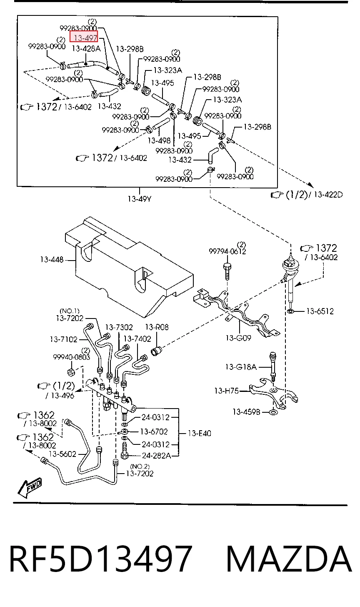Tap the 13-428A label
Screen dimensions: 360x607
tap(86, 49)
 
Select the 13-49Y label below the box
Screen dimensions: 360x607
tap(140, 199)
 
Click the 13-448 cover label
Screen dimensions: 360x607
tap(52, 260)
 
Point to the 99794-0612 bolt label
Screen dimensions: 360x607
tap(227, 251)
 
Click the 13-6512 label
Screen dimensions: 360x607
tap(320, 311)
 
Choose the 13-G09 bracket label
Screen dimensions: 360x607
tap(238, 338)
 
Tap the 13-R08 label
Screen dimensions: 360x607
tap(157, 327)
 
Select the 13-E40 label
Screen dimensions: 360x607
tap(199, 433)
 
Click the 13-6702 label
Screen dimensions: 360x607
tap(154, 431)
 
